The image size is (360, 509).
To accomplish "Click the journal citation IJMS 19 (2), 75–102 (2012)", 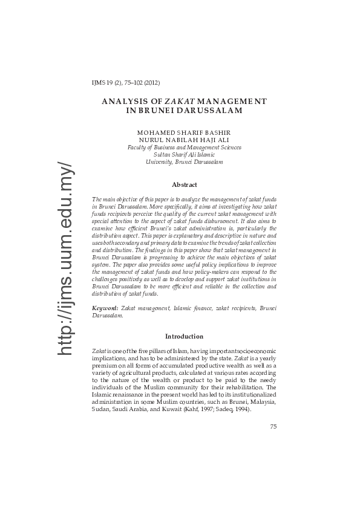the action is click(125, 83).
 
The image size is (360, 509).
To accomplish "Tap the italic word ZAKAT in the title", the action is click(174, 100).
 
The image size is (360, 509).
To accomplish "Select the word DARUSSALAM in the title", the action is click(209, 110).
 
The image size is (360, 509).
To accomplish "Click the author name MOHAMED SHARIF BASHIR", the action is click(184, 132).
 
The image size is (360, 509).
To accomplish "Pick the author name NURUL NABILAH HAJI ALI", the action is click(184, 140).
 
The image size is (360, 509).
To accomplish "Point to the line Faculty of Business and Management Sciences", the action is click(184, 147).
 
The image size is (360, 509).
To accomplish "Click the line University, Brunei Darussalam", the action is click(184, 162).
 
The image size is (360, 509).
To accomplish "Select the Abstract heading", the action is click(184, 184).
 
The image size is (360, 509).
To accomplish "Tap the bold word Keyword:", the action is click(105, 309).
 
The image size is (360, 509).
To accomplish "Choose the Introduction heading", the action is click(184, 336).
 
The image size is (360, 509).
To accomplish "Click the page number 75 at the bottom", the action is click(273, 426).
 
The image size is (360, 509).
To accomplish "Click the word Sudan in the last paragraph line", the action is click(99, 409).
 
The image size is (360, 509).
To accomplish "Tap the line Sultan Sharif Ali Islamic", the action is click(184, 155).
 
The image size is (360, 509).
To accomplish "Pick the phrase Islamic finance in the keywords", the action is click(194, 309).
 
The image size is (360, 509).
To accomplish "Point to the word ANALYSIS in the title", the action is click(124, 100).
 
